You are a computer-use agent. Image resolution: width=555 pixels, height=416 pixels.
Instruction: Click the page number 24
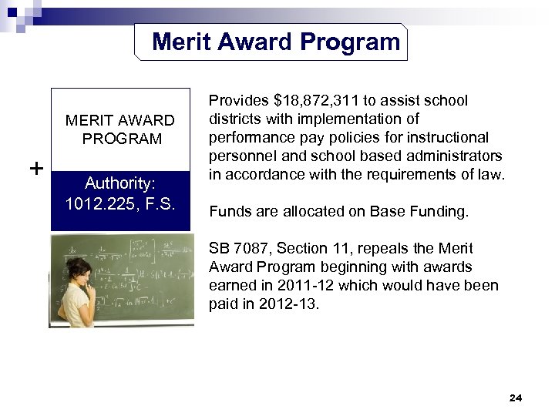pyautogui.click(x=516, y=398)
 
